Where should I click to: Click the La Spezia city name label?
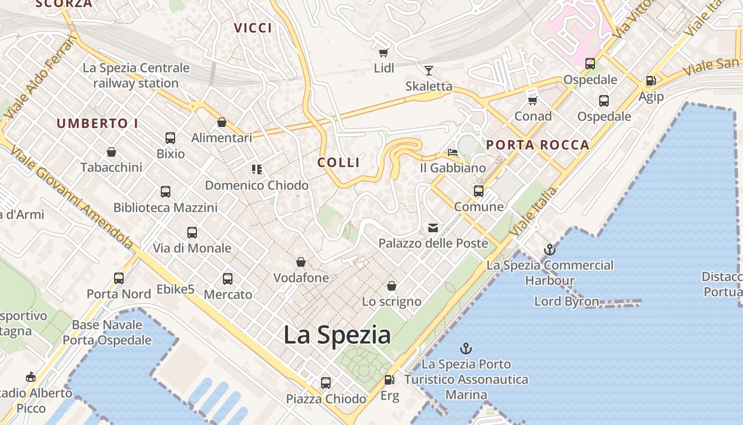pyautogui.click(x=337, y=335)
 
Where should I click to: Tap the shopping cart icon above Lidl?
pyautogui.click(x=383, y=53)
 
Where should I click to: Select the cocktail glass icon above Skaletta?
pyautogui.click(x=428, y=70)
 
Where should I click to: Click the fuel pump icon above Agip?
pyautogui.click(x=651, y=81)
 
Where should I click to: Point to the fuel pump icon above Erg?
pyautogui.click(x=389, y=380)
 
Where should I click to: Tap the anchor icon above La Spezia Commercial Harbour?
pyautogui.click(x=550, y=249)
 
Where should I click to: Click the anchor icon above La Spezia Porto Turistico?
pyautogui.click(x=465, y=348)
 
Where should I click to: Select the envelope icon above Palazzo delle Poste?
pyautogui.click(x=433, y=228)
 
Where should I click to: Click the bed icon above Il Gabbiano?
pyautogui.click(x=453, y=152)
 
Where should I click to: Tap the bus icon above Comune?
pyautogui.click(x=479, y=191)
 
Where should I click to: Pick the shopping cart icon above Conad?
pyautogui.click(x=533, y=100)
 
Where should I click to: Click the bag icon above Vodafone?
pyautogui.click(x=301, y=262)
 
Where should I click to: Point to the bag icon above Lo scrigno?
pyautogui.click(x=392, y=286)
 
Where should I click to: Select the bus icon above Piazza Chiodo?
pyautogui.click(x=326, y=382)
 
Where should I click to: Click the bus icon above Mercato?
pyautogui.click(x=228, y=278)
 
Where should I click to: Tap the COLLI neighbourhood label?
pyautogui.click(x=339, y=163)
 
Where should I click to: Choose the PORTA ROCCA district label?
pyautogui.click(x=538, y=144)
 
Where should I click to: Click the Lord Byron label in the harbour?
pyautogui.click(x=566, y=302)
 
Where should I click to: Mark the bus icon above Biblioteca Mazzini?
pyautogui.click(x=166, y=191)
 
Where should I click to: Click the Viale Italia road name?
pyautogui.click(x=534, y=211)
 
